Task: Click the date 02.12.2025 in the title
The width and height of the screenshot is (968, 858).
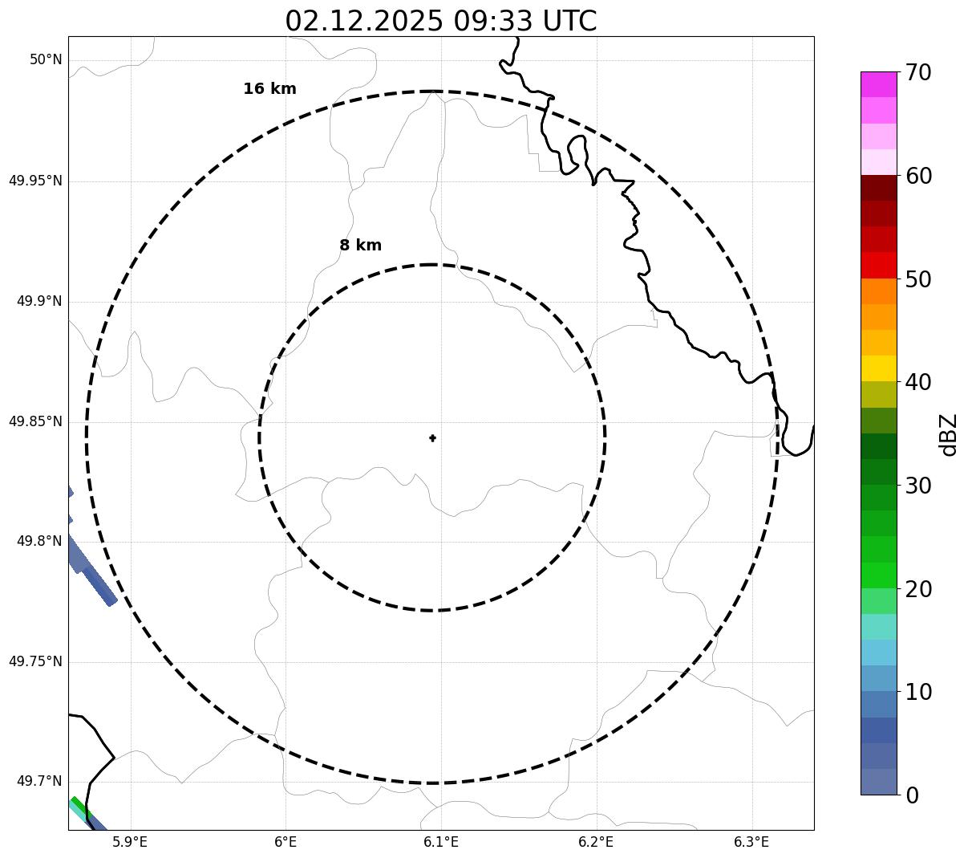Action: (x=363, y=21)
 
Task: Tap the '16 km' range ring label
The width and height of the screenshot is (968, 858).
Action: (x=269, y=89)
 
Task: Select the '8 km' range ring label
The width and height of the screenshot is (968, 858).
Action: (x=360, y=246)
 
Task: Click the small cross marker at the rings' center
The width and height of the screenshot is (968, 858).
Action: (x=433, y=438)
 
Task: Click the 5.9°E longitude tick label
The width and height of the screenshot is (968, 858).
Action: (x=130, y=842)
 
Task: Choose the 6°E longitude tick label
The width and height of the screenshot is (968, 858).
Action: (x=286, y=842)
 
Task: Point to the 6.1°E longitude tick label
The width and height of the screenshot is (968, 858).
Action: (x=441, y=842)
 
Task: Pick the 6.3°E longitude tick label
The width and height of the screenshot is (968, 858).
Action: (x=751, y=842)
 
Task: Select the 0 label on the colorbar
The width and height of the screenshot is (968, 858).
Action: (x=913, y=795)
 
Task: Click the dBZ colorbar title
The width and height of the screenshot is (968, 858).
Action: (x=949, y=435)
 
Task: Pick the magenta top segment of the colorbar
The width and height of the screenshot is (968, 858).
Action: (x=878, y=84)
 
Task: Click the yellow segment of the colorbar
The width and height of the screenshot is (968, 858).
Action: (x=878, y=368)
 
